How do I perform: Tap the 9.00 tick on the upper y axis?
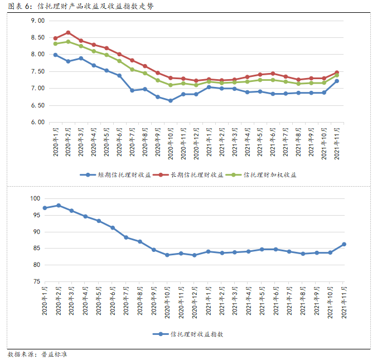(x=37, y=21)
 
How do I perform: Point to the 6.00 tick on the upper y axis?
(x=37, y=122)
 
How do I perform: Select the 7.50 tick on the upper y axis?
(x=37, y=71)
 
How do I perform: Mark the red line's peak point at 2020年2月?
(x=69, y=32)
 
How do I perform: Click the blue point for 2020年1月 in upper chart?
(x=55, y=55)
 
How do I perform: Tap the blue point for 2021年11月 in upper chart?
(x=337, y=81)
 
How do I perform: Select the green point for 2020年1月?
(x=55, y=43)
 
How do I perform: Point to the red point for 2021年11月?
(x=337, y=72)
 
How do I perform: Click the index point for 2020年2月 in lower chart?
(x=59, y=205)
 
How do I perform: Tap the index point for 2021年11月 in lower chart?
(x=344, y=244)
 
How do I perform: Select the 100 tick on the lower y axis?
(x=36, y=198)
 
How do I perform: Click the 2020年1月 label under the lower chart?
(x=45, y=301)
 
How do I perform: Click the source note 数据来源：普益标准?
(x=38, y=354)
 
